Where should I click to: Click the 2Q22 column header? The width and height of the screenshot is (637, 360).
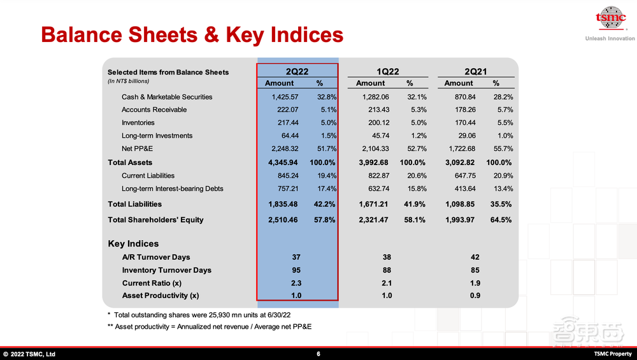pos(297,71)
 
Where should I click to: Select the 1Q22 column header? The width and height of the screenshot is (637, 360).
pos(389,71)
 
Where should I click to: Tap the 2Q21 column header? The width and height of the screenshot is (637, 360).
pos(476,71)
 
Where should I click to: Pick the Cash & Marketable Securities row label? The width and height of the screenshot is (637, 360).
pos(167,97)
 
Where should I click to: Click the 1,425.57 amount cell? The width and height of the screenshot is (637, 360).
pos(280,97)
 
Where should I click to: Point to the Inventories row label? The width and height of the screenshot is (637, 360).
pos(138,122)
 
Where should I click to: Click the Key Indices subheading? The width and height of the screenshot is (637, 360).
pos(133,243)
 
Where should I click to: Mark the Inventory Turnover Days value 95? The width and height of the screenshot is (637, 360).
pos(296,270)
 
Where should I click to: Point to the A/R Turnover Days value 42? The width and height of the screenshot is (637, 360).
pos(475,257)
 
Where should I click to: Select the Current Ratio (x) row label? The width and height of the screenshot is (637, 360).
pos(152,283)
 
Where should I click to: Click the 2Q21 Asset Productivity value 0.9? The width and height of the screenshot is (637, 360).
pos(475,296)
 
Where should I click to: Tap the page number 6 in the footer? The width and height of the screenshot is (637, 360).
pos(318,354)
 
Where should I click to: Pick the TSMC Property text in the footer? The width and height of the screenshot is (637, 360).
pos(613,354)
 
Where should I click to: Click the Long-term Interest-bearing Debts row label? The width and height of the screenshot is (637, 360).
pos(173,189)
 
